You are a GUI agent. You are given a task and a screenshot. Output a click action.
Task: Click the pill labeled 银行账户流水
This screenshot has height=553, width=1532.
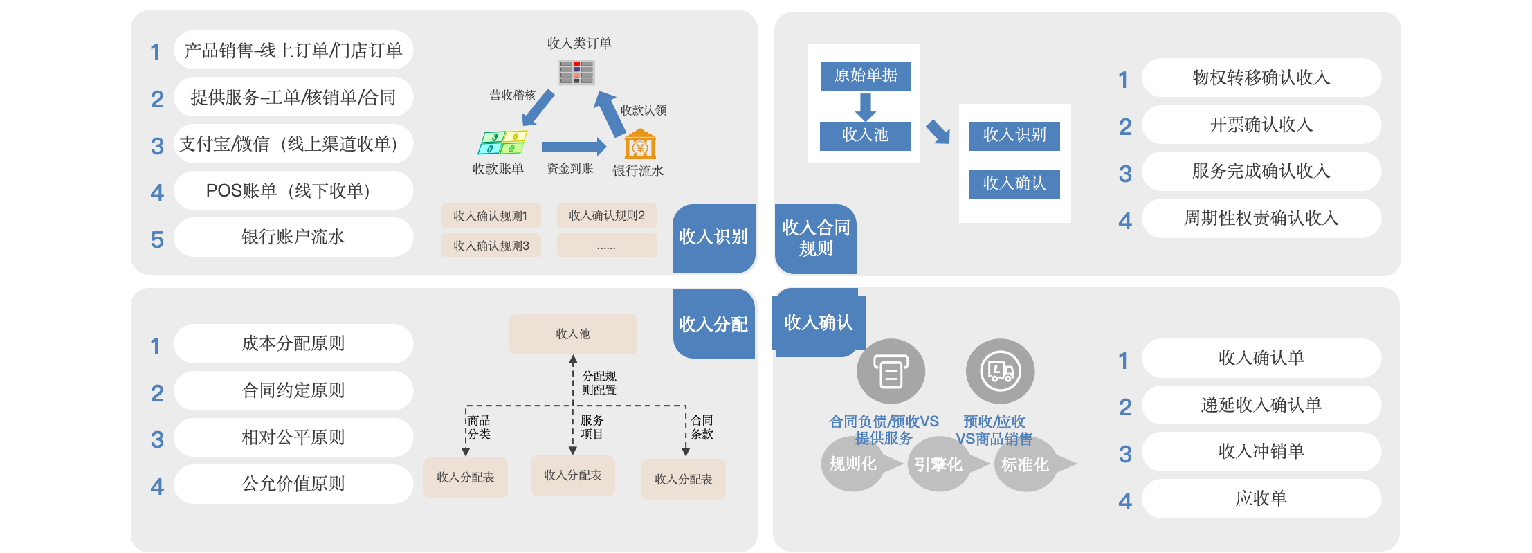(293, 237)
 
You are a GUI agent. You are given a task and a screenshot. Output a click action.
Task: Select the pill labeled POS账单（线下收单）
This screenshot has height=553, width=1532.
(293, 190)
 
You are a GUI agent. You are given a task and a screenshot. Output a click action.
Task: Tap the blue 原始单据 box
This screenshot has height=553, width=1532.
(866, 75)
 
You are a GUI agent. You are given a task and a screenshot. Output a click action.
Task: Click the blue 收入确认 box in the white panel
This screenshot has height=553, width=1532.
(1014, 183)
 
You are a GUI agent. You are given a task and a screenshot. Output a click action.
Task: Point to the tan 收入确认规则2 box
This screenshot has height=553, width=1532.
(606, 215)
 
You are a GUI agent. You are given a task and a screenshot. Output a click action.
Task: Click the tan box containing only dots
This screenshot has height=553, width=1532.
(606, 246)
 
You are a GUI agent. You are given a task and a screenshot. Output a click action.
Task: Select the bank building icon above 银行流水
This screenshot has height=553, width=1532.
(640, 146)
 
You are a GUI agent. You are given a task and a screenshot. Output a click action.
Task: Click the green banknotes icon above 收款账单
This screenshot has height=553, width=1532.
(502, 142)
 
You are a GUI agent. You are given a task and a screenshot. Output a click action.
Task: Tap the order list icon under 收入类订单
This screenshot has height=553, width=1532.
(576, 72)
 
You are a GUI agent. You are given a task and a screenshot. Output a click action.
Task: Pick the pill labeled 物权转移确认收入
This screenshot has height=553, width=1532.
(1261, 78)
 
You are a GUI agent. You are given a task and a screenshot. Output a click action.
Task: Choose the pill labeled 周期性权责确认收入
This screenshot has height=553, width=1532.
(1261, 218)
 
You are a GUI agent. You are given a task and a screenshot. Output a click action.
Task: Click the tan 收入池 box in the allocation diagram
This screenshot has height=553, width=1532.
(573, 334)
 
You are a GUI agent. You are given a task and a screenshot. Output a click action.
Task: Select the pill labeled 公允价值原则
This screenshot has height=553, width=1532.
(293, 484)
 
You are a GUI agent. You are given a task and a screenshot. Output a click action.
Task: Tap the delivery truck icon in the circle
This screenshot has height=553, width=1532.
(1001, 371)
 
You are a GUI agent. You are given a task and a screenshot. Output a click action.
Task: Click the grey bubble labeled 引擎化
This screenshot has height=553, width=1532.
(939, 464)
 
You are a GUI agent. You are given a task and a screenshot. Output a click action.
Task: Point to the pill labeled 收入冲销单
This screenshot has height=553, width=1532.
(1261, 451)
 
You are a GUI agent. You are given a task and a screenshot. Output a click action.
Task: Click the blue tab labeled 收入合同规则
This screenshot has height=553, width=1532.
(816, 238)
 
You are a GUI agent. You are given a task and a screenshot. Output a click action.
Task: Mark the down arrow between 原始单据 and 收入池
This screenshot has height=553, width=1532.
(865, 107)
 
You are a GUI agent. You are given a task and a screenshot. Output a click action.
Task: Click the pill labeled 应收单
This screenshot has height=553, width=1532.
(1261, 498)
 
